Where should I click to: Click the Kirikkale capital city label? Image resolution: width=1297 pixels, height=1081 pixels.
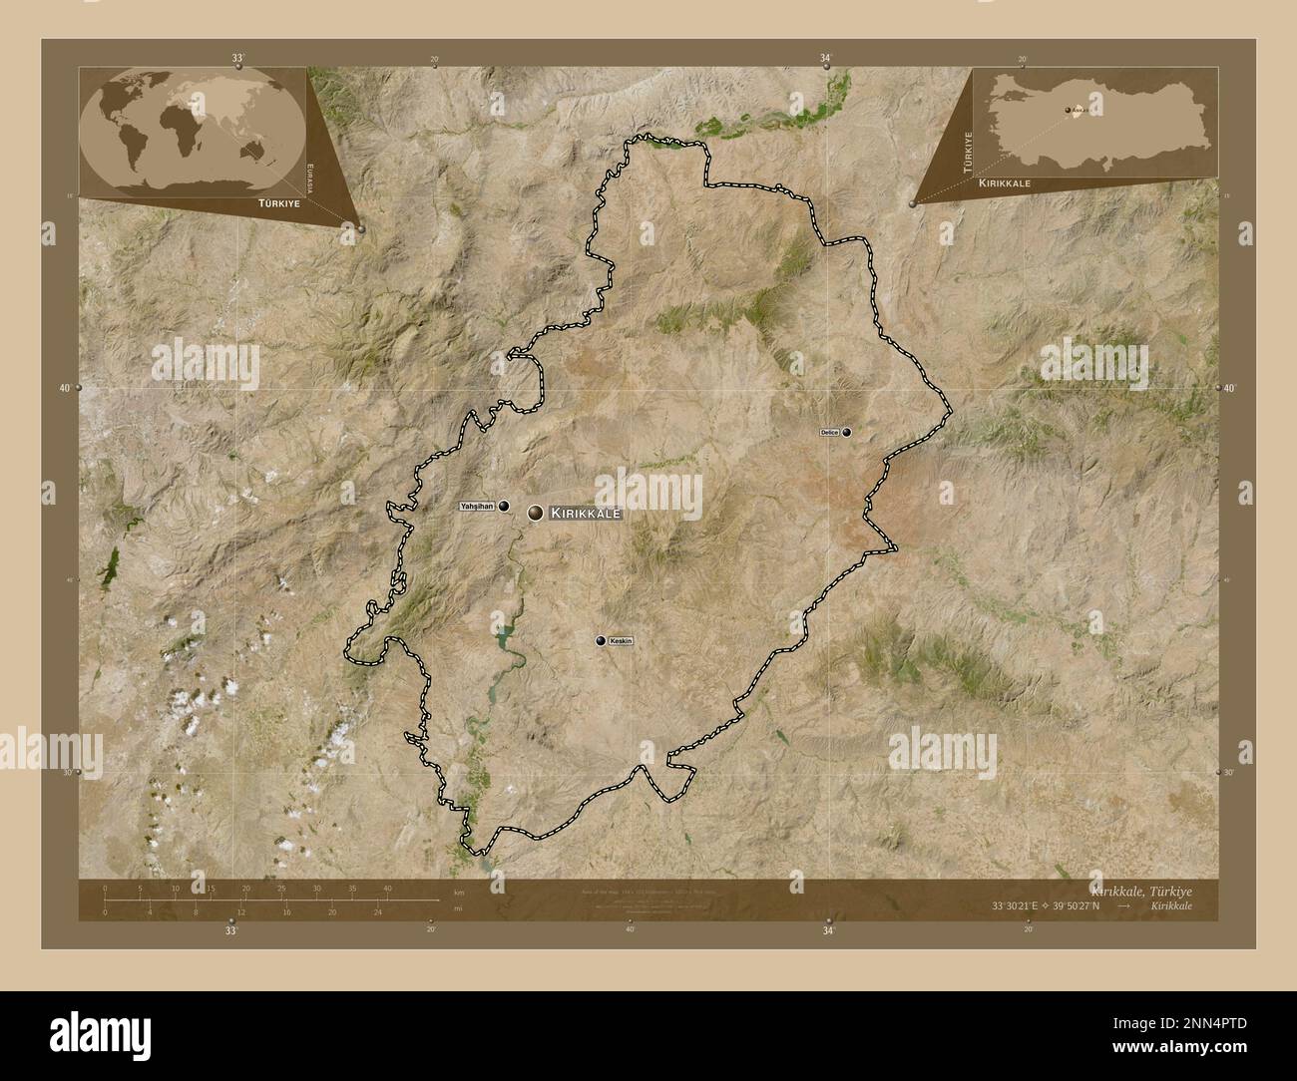pyautogui.click(x=586, y=513)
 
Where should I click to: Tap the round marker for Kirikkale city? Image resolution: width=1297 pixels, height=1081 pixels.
pyautogui.click(x=536, y=513)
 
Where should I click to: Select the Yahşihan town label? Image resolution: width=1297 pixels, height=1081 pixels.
pyautogui.click(x=477, y=507)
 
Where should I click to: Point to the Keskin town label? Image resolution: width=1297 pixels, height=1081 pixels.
pyautogui.click(x=621, y=641)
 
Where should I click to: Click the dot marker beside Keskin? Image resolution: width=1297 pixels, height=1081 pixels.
pyautogui.click(x=601, y=641)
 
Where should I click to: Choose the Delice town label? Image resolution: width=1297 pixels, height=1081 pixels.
pyautogui.click(x=829, y=432)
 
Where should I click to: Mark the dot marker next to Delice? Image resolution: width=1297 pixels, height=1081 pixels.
pyautogui.click(x=847, y=432)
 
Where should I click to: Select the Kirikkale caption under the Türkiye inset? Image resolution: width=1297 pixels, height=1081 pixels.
pyautogui.click(x=1005, y=184)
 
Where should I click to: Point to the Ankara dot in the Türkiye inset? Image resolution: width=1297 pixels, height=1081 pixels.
pyautogui.click(x=1068, y=111)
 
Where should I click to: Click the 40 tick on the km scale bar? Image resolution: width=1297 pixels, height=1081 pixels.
pyautogui.click(x=387, y=889)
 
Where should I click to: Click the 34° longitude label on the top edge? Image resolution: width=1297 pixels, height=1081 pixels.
pyautogui.click(x=826, y=59)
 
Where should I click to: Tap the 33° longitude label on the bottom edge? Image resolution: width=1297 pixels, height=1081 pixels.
pyautogui.click(x=231, y=930)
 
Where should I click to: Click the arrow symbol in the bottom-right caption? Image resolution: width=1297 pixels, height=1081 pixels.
pyautogui.click(x=1124, y=905)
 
